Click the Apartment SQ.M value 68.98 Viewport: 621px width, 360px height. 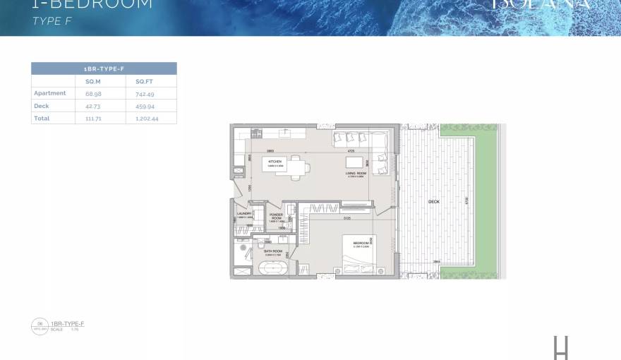click(x=92, y=93)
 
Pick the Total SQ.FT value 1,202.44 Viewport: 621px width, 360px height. click(x=147, y=119)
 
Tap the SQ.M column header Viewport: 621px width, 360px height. click(x=92, y=81)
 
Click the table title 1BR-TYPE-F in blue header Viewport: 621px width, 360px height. click(x=104, y=68)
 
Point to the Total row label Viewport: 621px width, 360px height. click(x=42, y=119)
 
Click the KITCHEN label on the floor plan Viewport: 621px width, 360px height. click(x=275, y=162)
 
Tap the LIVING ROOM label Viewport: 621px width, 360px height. click(x=355, y=173)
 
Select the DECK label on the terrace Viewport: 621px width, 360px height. click(x=434, y=202)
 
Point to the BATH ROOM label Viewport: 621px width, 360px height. click(x=273, y=251)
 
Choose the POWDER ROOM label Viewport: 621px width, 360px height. click(x=276, y=217)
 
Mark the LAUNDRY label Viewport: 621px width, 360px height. click(x=245, y=213)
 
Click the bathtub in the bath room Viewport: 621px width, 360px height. click(x=272, y=269)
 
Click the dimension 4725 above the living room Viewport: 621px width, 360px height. click(x=350, y=151)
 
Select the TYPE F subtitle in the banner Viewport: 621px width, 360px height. click(x=53, y=21)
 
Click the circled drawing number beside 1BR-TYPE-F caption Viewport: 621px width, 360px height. click(x=40, y=325)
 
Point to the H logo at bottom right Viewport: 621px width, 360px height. click(x=561, y=347)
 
